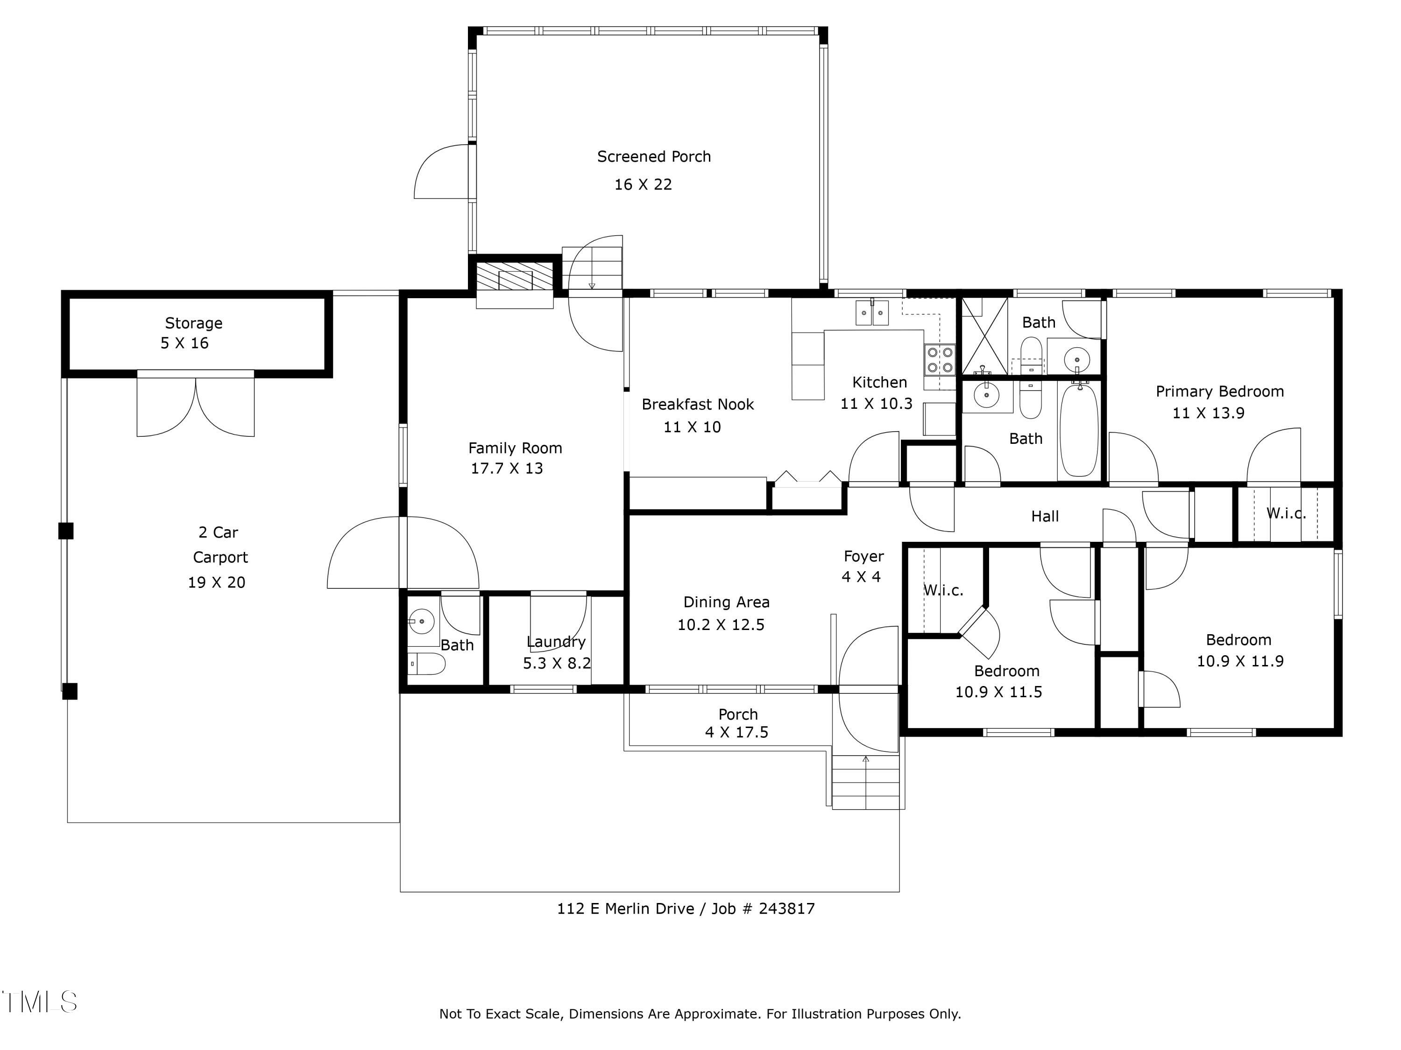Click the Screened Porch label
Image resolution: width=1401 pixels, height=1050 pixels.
point(654,156)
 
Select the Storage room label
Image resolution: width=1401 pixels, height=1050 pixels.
point(193,323)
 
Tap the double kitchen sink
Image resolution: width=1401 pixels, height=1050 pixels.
point(872,313)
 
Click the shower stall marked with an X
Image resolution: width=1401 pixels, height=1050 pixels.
point(984,336)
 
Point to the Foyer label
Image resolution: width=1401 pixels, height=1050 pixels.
point(863,556)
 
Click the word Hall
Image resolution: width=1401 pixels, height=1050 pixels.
point(1044,517)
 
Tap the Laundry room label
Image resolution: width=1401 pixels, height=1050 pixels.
point(555,642)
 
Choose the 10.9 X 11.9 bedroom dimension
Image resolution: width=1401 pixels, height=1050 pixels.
point(1239,661)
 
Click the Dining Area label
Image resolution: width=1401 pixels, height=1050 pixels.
point(726,602)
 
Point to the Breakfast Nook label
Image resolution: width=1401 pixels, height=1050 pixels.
point(697,405)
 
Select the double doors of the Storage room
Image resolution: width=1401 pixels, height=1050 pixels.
point(196,405)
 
